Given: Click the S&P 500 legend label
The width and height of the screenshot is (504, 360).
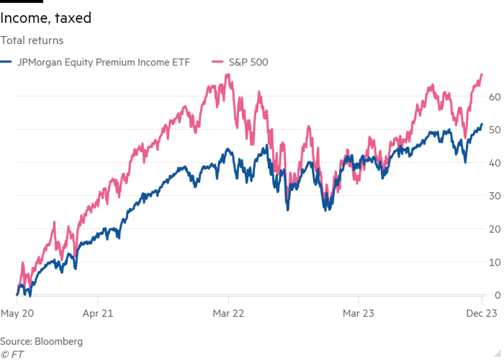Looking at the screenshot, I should (248, 63).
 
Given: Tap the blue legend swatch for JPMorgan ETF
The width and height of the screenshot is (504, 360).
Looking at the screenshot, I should (5, 63).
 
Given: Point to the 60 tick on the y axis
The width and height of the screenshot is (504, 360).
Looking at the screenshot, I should (493, 96).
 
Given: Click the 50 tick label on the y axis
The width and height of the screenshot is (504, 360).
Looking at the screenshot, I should (493, 130).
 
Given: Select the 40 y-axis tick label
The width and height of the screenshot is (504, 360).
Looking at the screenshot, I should (493, 163).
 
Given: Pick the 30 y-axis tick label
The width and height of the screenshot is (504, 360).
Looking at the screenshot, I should (493, 196).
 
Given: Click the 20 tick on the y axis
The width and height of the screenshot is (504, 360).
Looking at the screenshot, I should (493, 229).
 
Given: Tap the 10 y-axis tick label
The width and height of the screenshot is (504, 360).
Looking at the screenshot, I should (493, 262).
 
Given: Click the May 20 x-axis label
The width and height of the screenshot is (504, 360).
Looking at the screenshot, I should (17, 313).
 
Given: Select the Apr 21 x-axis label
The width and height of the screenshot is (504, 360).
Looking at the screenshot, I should (98, 313).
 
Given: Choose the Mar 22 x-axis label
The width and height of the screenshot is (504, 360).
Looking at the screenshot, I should (228, 313).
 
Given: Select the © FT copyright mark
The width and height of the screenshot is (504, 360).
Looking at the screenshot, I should (12, 354).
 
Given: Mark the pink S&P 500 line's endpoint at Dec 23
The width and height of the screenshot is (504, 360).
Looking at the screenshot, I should (482, 74).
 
